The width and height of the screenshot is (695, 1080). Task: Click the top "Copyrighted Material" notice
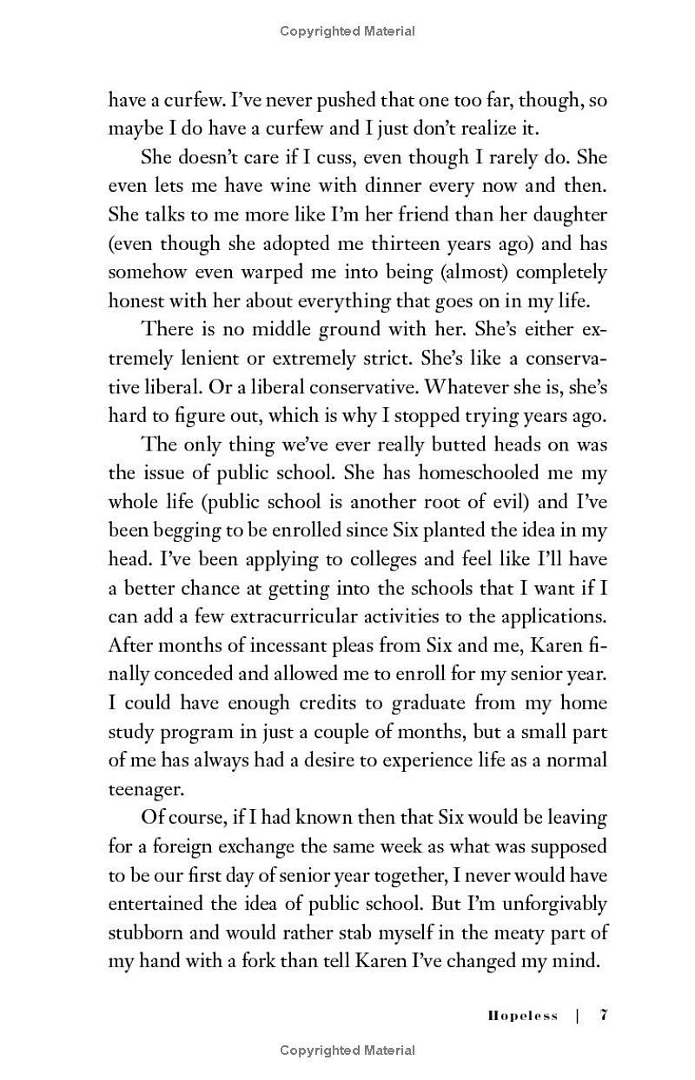pos(347,31)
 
